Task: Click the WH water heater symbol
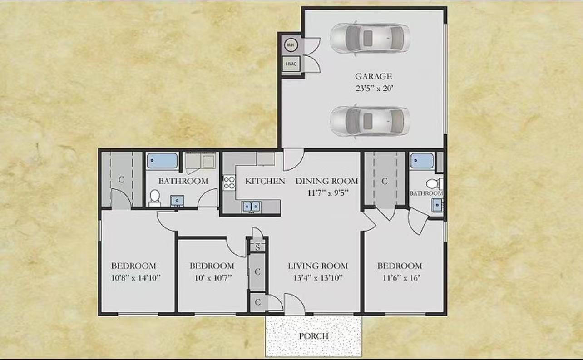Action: point(291,45)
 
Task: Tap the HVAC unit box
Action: point(291,64)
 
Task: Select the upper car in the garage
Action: point(370,38)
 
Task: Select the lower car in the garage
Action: point(370,121)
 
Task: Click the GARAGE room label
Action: point(373,76)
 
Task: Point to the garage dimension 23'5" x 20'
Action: point(373,89)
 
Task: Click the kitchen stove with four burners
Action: point(229,182)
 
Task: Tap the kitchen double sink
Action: point(251,207)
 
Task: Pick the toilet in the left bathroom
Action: point(155,197)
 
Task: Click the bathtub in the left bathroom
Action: point(162,161)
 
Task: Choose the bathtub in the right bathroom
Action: point(422,161)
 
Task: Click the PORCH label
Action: point(313,336)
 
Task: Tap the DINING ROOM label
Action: point(326,181)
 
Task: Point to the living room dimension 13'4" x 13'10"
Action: point(317,277)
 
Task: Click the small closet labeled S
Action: point(257,247)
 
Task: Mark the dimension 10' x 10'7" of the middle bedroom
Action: point(212,277)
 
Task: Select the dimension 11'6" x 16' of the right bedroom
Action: point(399,277)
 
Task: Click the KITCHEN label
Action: point(265,181)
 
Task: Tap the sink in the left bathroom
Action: point(177,200)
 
